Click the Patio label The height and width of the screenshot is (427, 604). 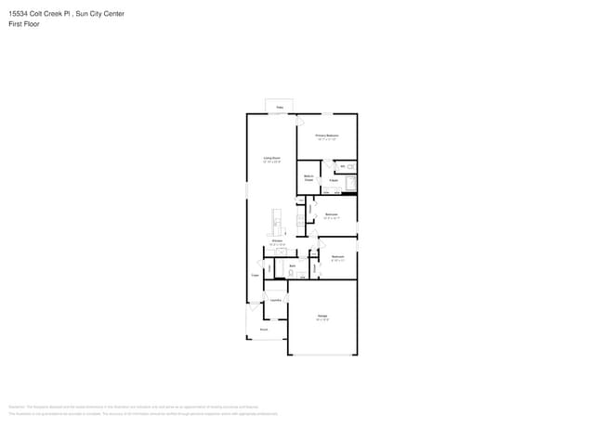coord(280,108)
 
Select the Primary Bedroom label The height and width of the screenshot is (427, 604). coord(326,136)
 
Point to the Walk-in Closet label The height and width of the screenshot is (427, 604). coord(308,177)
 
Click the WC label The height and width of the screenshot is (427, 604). coord(343,166)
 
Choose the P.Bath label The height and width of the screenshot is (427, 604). coord(333,180)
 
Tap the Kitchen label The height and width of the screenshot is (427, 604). coord(277,240)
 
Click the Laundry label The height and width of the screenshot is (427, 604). coord(276,300)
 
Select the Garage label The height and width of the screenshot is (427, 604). coord(322,317)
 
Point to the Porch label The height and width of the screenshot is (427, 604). coord(264,329)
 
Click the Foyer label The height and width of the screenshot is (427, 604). coord(255,276)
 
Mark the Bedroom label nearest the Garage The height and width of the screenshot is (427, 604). coord(338,256)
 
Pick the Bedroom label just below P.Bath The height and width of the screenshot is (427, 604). coord(332,214)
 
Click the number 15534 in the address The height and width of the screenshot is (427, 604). coord(19,14)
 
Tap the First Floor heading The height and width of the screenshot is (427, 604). coord(22,23)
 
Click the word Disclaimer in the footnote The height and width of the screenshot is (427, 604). coord(16,406)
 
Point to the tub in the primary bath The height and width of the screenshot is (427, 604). coord(350,182)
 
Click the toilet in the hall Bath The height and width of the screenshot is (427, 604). coord(290,275)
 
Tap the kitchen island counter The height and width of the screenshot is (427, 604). coord(276,221)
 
